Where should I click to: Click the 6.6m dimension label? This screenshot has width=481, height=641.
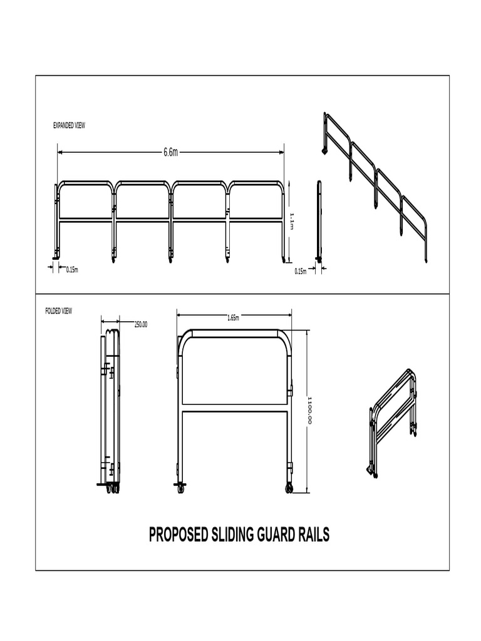point(170,152)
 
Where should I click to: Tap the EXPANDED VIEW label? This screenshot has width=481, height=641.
point(69,126)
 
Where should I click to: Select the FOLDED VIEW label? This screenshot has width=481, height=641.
point(59,311)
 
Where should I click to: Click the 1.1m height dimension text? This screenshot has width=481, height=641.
point(292,220)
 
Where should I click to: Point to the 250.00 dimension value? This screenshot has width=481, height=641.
point(140,324)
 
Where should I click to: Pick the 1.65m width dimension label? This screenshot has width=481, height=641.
point(233,318)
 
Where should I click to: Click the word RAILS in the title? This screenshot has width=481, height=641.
point(315,535)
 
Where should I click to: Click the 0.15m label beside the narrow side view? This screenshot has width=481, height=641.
point(300,272)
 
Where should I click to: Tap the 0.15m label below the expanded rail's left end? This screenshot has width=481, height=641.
point(72,270)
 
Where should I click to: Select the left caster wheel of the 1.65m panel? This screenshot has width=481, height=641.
point(181,488)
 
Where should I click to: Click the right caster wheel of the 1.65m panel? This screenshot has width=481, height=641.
point(289,488)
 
